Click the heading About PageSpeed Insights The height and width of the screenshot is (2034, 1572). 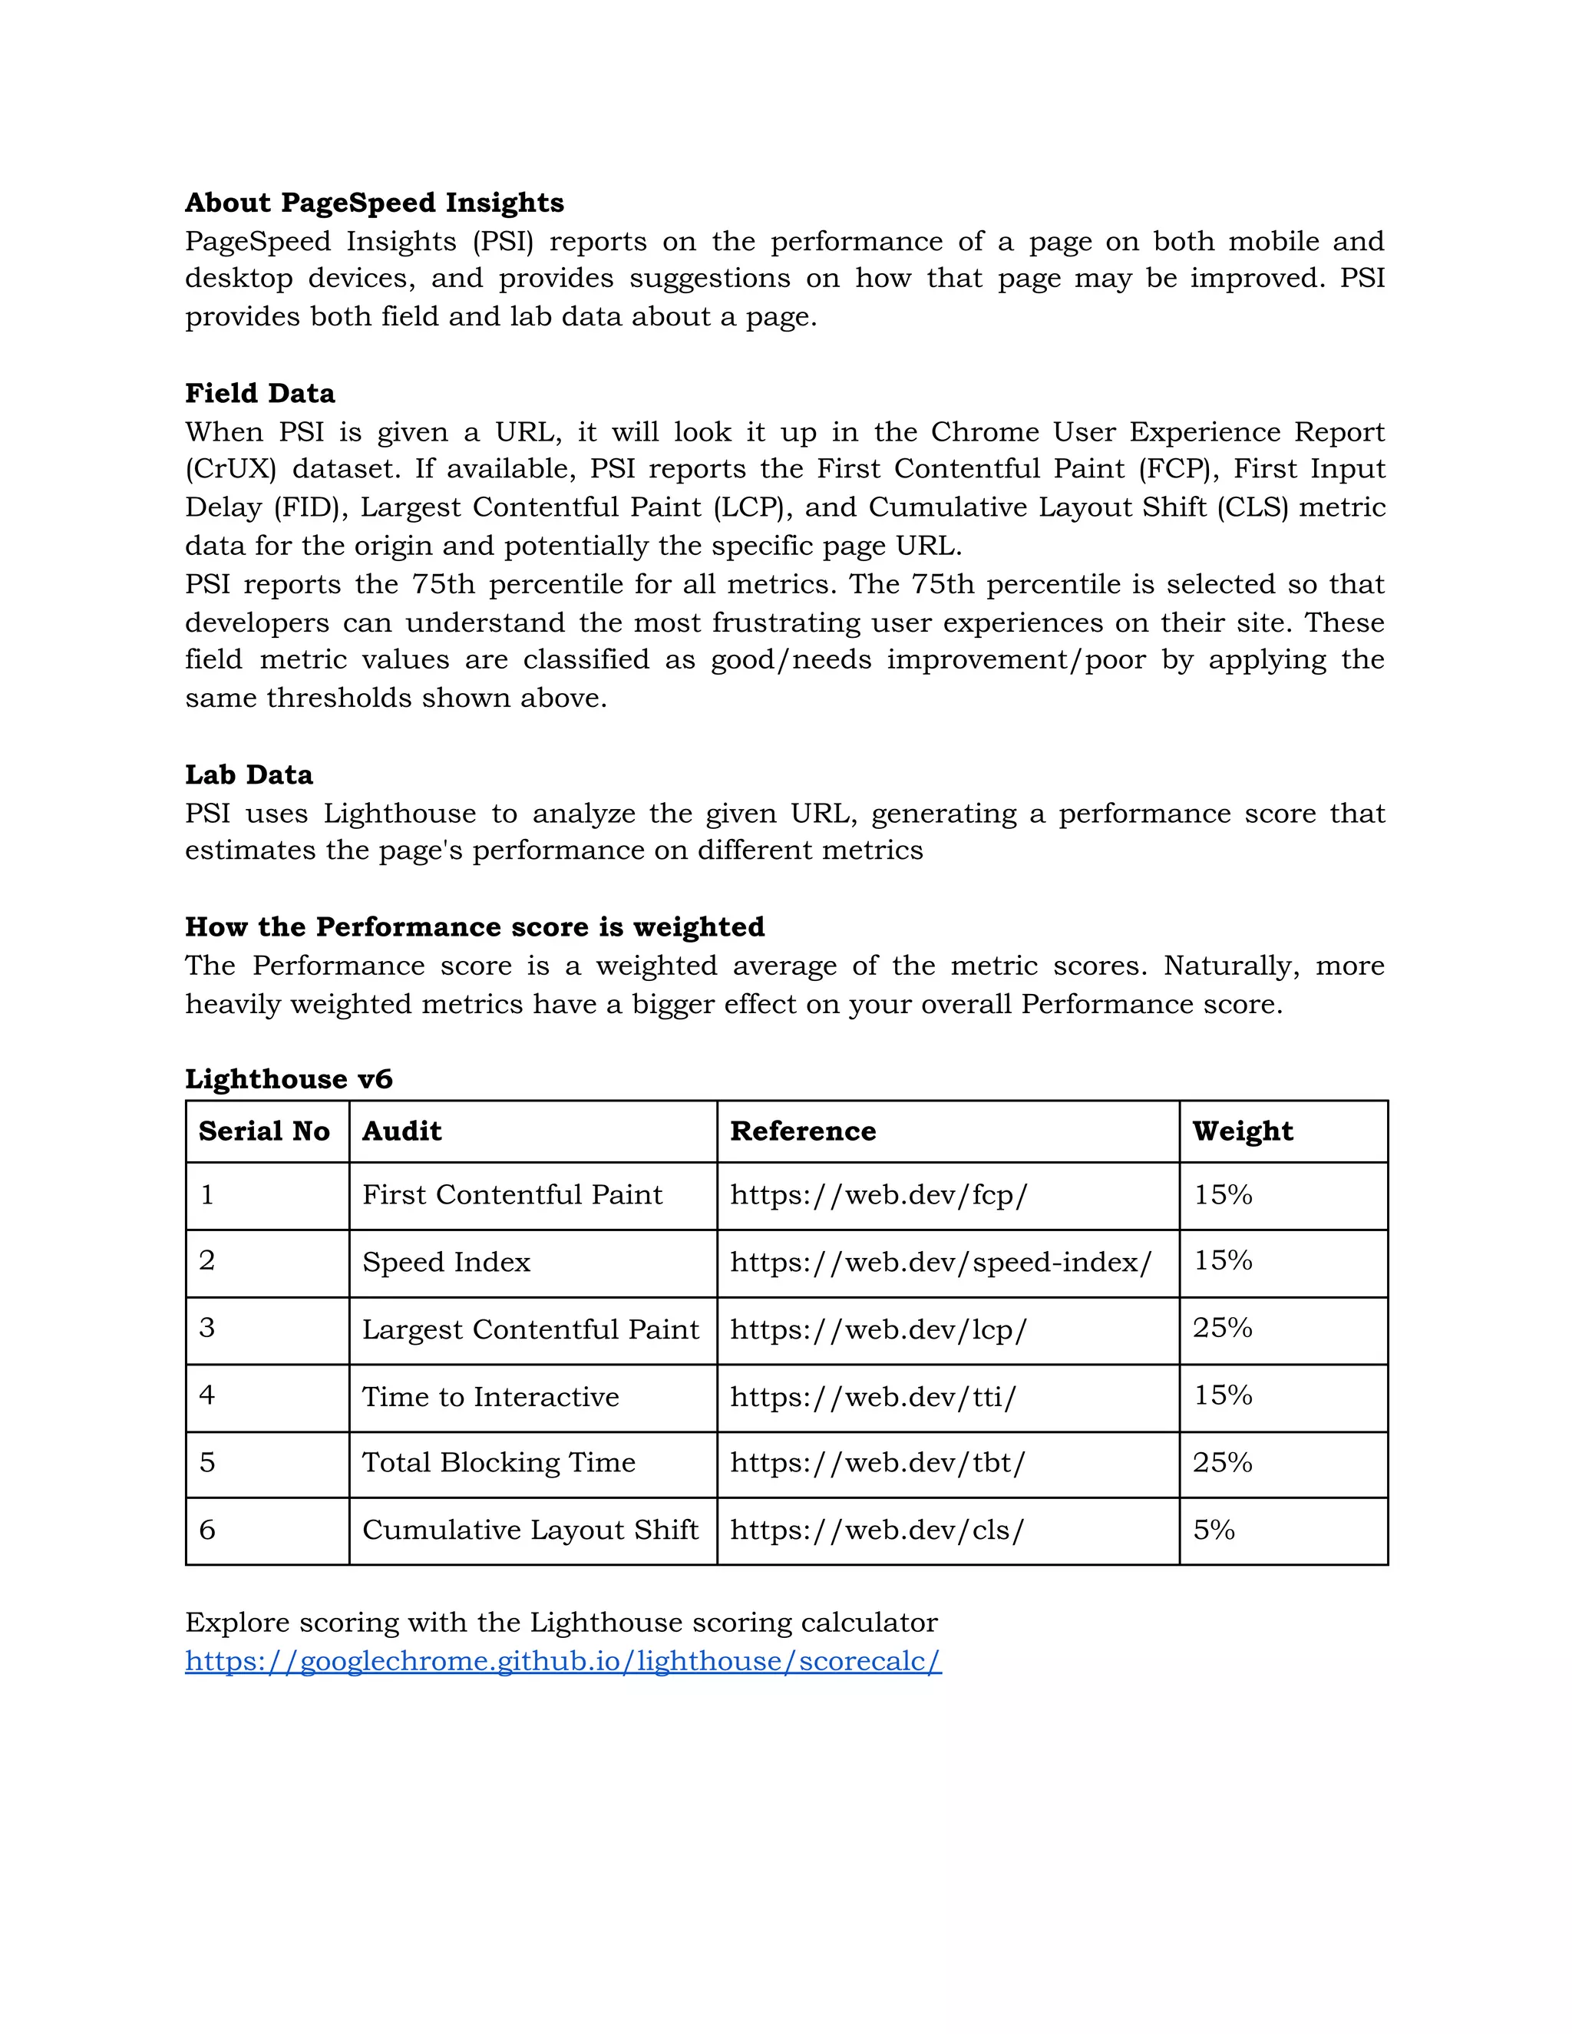coord(375,203)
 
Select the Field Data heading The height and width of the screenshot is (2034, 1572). coord(260,393)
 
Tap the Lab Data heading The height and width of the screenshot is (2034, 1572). coord(249,775)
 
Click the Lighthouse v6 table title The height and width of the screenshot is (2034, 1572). coord(289,1078)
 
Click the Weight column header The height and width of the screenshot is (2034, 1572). coord(1243,1131)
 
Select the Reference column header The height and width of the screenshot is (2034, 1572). coord(803,1131)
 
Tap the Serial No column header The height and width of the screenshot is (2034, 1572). coord(265,1131)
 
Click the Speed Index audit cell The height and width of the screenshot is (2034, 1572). coord(446,1262)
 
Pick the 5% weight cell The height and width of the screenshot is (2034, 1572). coord(1214,1530)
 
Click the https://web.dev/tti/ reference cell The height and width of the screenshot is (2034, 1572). coord(873,1396)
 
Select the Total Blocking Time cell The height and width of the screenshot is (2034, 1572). coord(498,1462)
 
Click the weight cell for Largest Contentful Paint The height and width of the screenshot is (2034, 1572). coord(1222,1328)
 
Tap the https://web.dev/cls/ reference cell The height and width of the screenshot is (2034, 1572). coord(877,1530)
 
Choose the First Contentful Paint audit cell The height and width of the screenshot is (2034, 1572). coord(512,1195)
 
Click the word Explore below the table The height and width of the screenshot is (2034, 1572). coord(236,1623)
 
